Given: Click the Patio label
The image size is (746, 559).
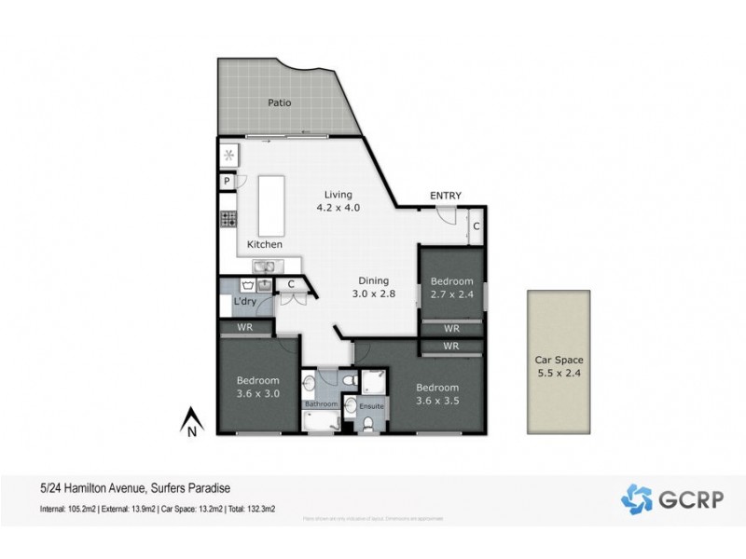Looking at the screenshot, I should tap(278, 102).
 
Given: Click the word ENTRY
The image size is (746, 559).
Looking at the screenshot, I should tap(445, 196).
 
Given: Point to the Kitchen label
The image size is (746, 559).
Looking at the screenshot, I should tap(264, 244).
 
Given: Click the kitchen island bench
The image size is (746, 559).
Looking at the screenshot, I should tap(270, 206).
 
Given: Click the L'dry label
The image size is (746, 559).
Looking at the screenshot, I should tap(245, 302).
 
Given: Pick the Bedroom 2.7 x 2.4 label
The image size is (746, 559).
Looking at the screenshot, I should tap(452, 287).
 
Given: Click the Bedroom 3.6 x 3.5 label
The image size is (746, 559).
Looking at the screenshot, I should tap(437, 393).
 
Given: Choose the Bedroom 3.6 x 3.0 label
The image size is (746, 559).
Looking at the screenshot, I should tap(257, 387).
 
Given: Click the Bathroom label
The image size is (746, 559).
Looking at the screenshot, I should tap(321, 404).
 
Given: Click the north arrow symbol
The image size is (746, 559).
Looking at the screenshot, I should tap(190, 421).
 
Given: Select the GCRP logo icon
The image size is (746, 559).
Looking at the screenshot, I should tap(637, 498).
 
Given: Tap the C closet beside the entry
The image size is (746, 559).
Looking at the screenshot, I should tap(475, 226).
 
